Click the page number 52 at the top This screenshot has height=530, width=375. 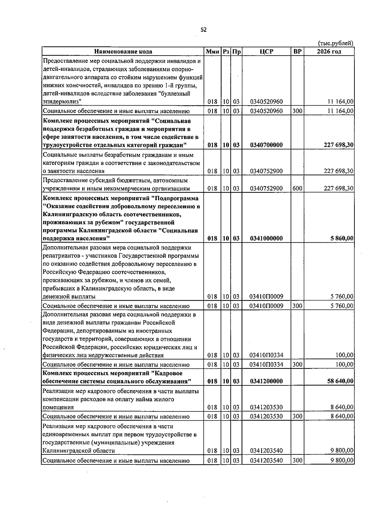coord(203,30)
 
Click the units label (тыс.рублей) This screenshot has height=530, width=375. coord(336,43)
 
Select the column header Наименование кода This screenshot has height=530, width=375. coord(123,52)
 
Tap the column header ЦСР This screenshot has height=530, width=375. coord(266,52)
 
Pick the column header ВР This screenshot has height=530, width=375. coord(297,52)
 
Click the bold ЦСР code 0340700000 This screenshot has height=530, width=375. coord(266,145)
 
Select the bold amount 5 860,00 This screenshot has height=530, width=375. coord(342,238)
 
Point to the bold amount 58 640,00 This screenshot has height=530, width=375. coord(340,381)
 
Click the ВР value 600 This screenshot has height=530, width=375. coord(297,188)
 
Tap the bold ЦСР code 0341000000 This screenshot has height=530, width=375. coord(266,238)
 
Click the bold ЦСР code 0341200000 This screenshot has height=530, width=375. coord(266,381)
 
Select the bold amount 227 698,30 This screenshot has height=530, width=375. coord(339,145)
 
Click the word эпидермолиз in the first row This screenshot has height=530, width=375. coord(62,102)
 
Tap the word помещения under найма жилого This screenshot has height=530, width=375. coord(58,407)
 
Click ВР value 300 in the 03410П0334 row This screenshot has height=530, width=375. coord(297,364)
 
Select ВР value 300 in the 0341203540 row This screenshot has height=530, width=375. coord(297,460)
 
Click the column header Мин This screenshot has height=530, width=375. coord(212,52)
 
